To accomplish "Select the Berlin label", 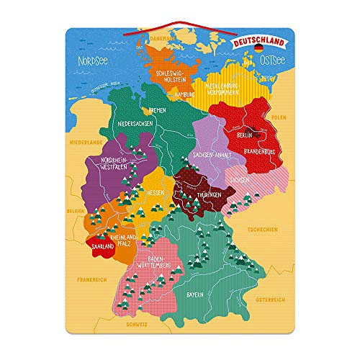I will pyautogui.click(x=241, y=135).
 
